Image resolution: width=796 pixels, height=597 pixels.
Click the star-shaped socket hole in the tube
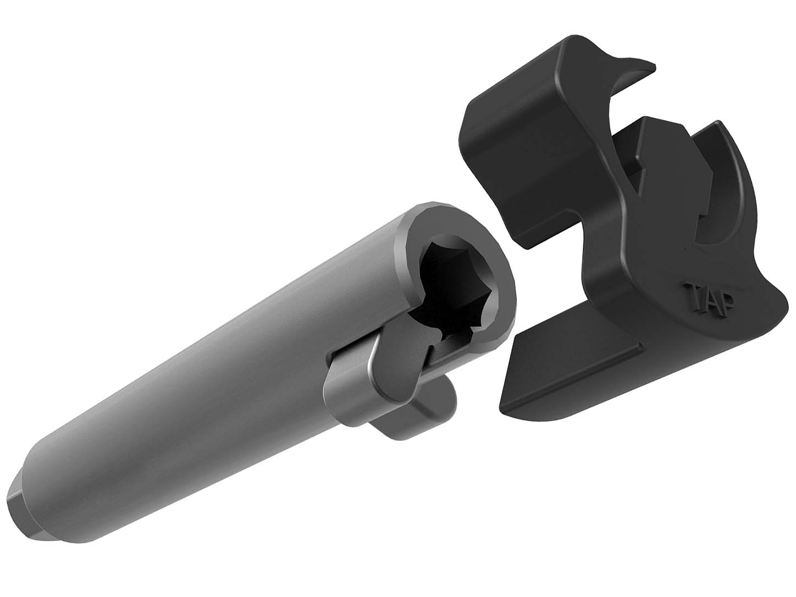[454, 286]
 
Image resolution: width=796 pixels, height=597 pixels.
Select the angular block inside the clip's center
[649, 159]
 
